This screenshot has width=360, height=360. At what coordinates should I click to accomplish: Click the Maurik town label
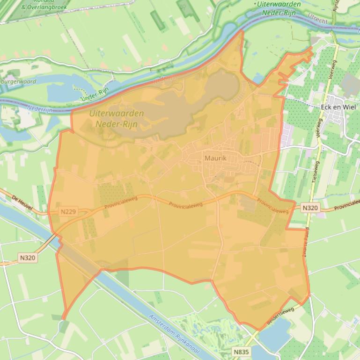(215, 158)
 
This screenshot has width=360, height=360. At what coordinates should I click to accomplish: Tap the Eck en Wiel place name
(338, 107)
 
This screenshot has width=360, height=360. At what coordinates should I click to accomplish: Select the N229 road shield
(68, 212)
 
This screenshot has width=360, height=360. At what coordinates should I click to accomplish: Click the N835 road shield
(242, 351)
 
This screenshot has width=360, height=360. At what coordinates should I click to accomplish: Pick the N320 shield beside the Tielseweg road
(310, 208)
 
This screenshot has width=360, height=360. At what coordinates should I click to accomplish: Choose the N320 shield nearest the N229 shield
(28, 257)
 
